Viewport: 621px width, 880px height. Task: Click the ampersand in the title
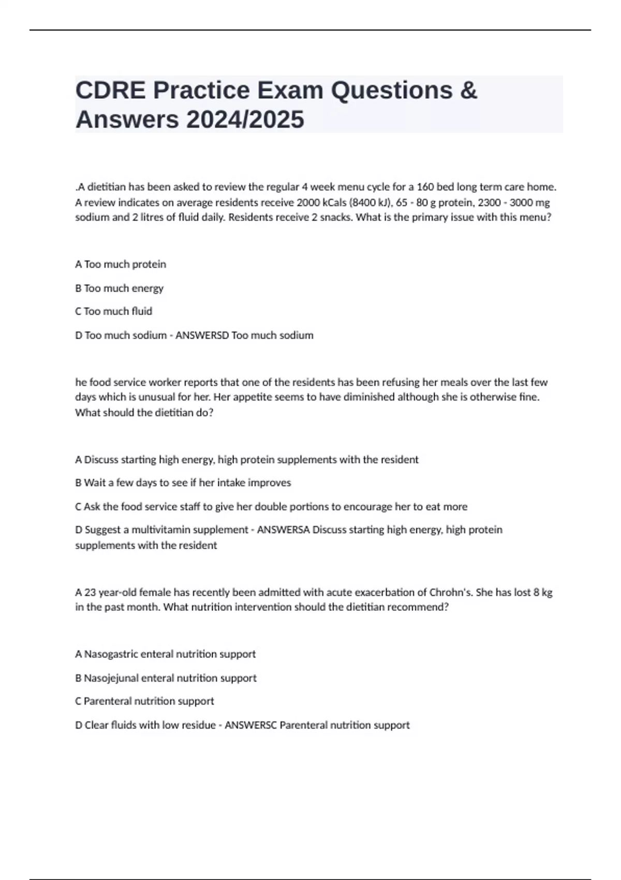click(467, 91)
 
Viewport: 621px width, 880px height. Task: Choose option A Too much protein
click(121, 265)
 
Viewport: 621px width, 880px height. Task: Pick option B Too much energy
click(119, 288)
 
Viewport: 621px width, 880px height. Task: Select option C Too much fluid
click(113, 312)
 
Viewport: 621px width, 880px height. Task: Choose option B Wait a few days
click(183, 483)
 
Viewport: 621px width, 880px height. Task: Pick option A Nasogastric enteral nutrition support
click(165, 654)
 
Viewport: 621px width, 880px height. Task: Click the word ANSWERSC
click(250, 725)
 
